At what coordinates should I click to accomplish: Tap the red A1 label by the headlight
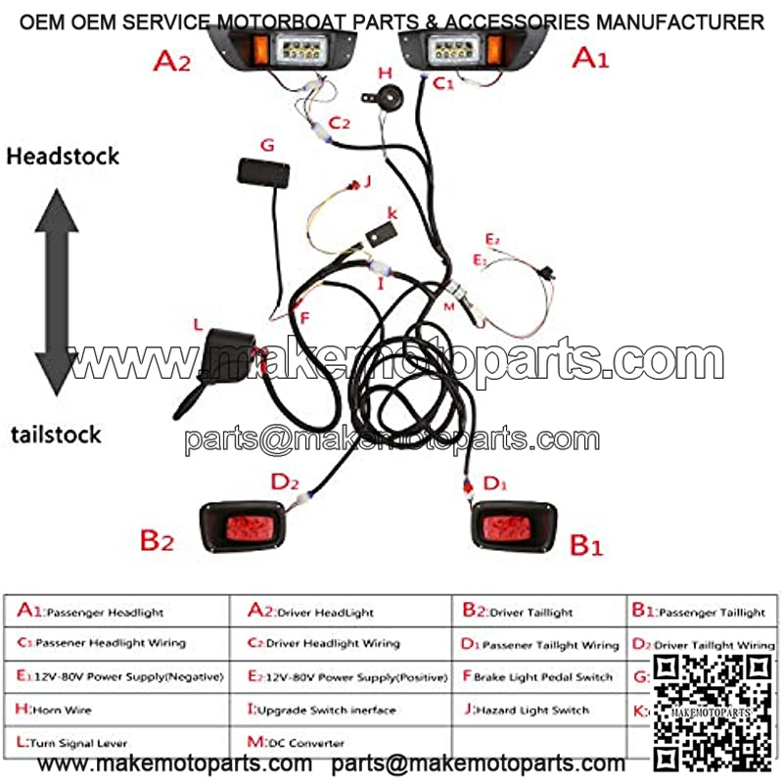[x=590, y=59]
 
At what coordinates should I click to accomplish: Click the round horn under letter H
[x=379, y=97]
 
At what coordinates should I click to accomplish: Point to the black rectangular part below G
[x=263, y=173]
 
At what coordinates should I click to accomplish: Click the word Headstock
[x=62, y=156]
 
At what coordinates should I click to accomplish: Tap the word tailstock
[x=57, y=434]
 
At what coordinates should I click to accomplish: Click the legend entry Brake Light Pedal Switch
[x=536, y=676]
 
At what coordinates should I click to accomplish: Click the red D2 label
[x=285, y=482]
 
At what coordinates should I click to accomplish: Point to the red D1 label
[x=495, y=483]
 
